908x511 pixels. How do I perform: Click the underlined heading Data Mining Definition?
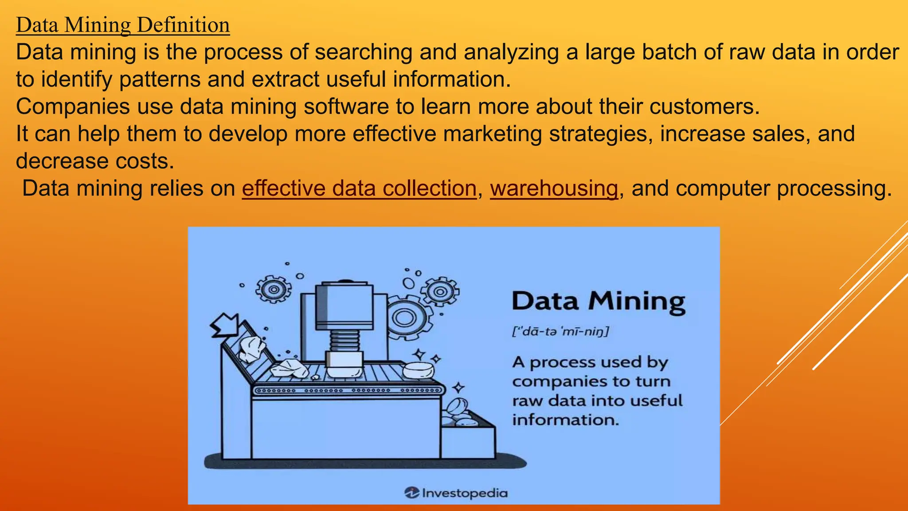point(123,25)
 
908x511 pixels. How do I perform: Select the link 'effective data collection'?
point(359,188)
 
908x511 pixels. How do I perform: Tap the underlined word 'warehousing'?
point(554,188)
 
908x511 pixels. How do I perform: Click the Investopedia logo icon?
point(411,492)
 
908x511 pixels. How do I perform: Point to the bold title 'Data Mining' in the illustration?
point(599,302)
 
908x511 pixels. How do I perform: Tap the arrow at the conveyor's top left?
point(225,326)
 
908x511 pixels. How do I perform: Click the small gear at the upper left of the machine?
point(274,289)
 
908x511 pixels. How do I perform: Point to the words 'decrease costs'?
point(95,161)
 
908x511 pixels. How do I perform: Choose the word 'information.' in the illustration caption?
point(565,420)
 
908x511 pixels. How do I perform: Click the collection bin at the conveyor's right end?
point(468,439)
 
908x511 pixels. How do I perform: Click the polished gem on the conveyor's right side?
point(419,370)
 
